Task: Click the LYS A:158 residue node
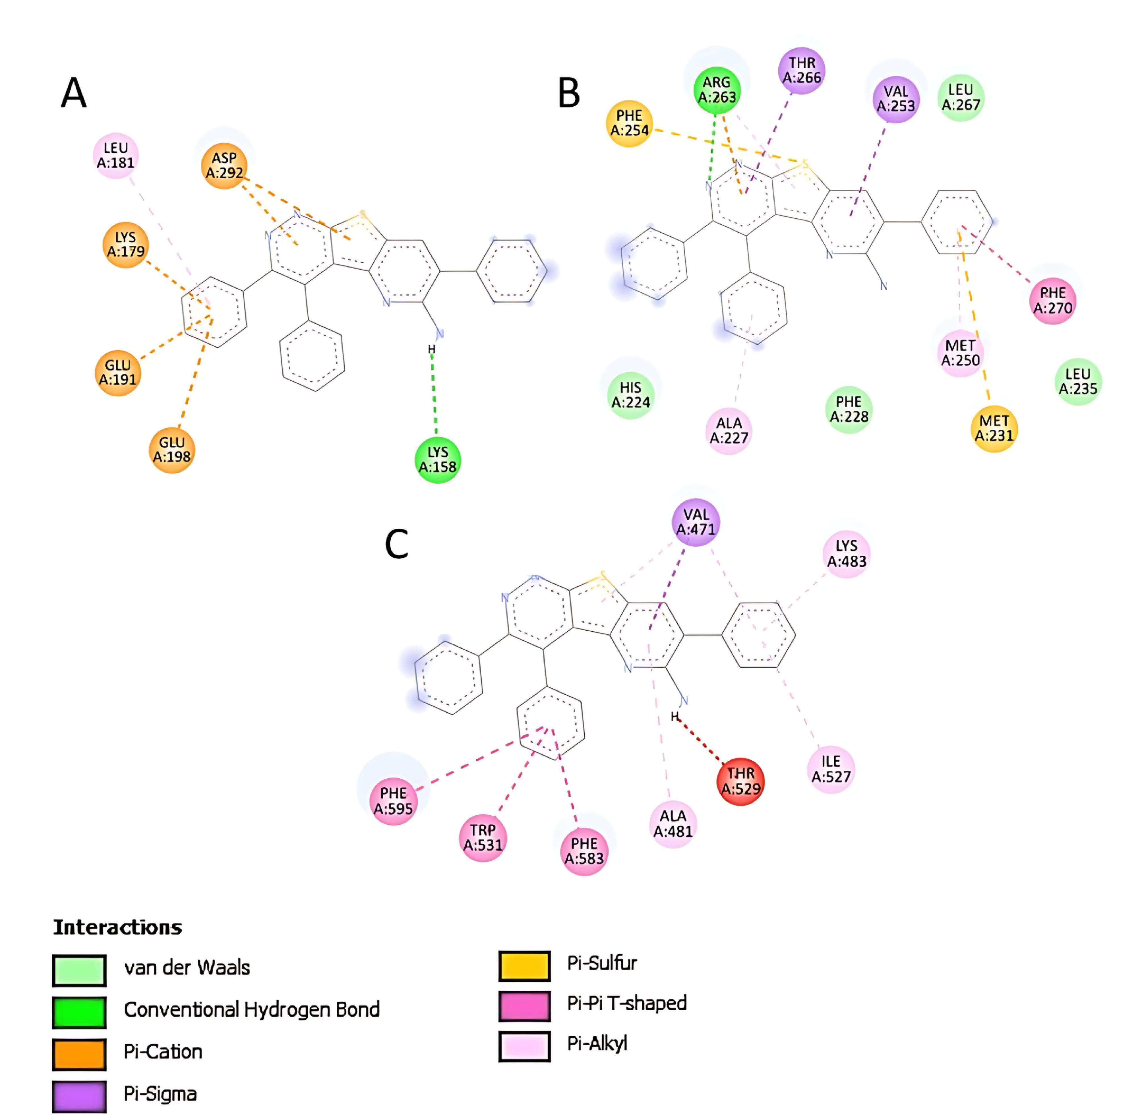[437, 460]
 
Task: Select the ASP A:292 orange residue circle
[224, 166]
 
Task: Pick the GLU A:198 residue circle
[172, 450]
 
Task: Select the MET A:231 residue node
[994, 428]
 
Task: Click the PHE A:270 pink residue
[1052, 300]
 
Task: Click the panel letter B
[569, 94]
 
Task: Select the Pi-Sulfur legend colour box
[524, 966]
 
